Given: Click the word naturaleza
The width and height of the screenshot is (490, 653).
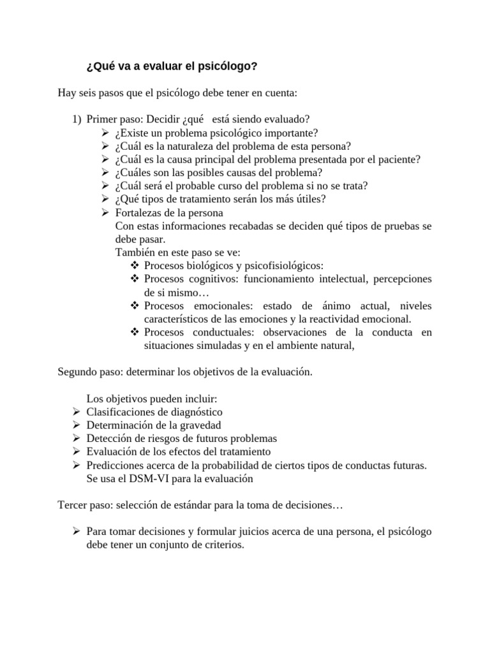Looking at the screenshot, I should coord(190,146).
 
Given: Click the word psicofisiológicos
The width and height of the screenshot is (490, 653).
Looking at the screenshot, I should coord(282,266).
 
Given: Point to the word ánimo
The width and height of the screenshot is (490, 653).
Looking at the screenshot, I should coord(329,306).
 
